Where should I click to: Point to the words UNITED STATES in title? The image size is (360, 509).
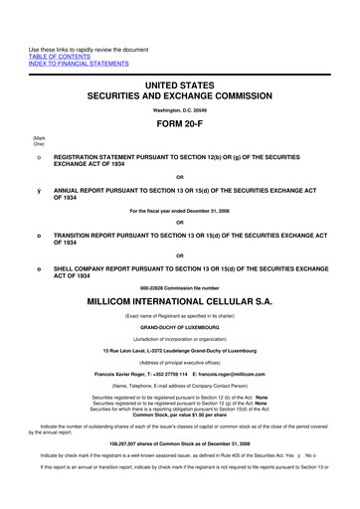tap(180, 87)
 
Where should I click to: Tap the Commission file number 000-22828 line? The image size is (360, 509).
tap(180, 289)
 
